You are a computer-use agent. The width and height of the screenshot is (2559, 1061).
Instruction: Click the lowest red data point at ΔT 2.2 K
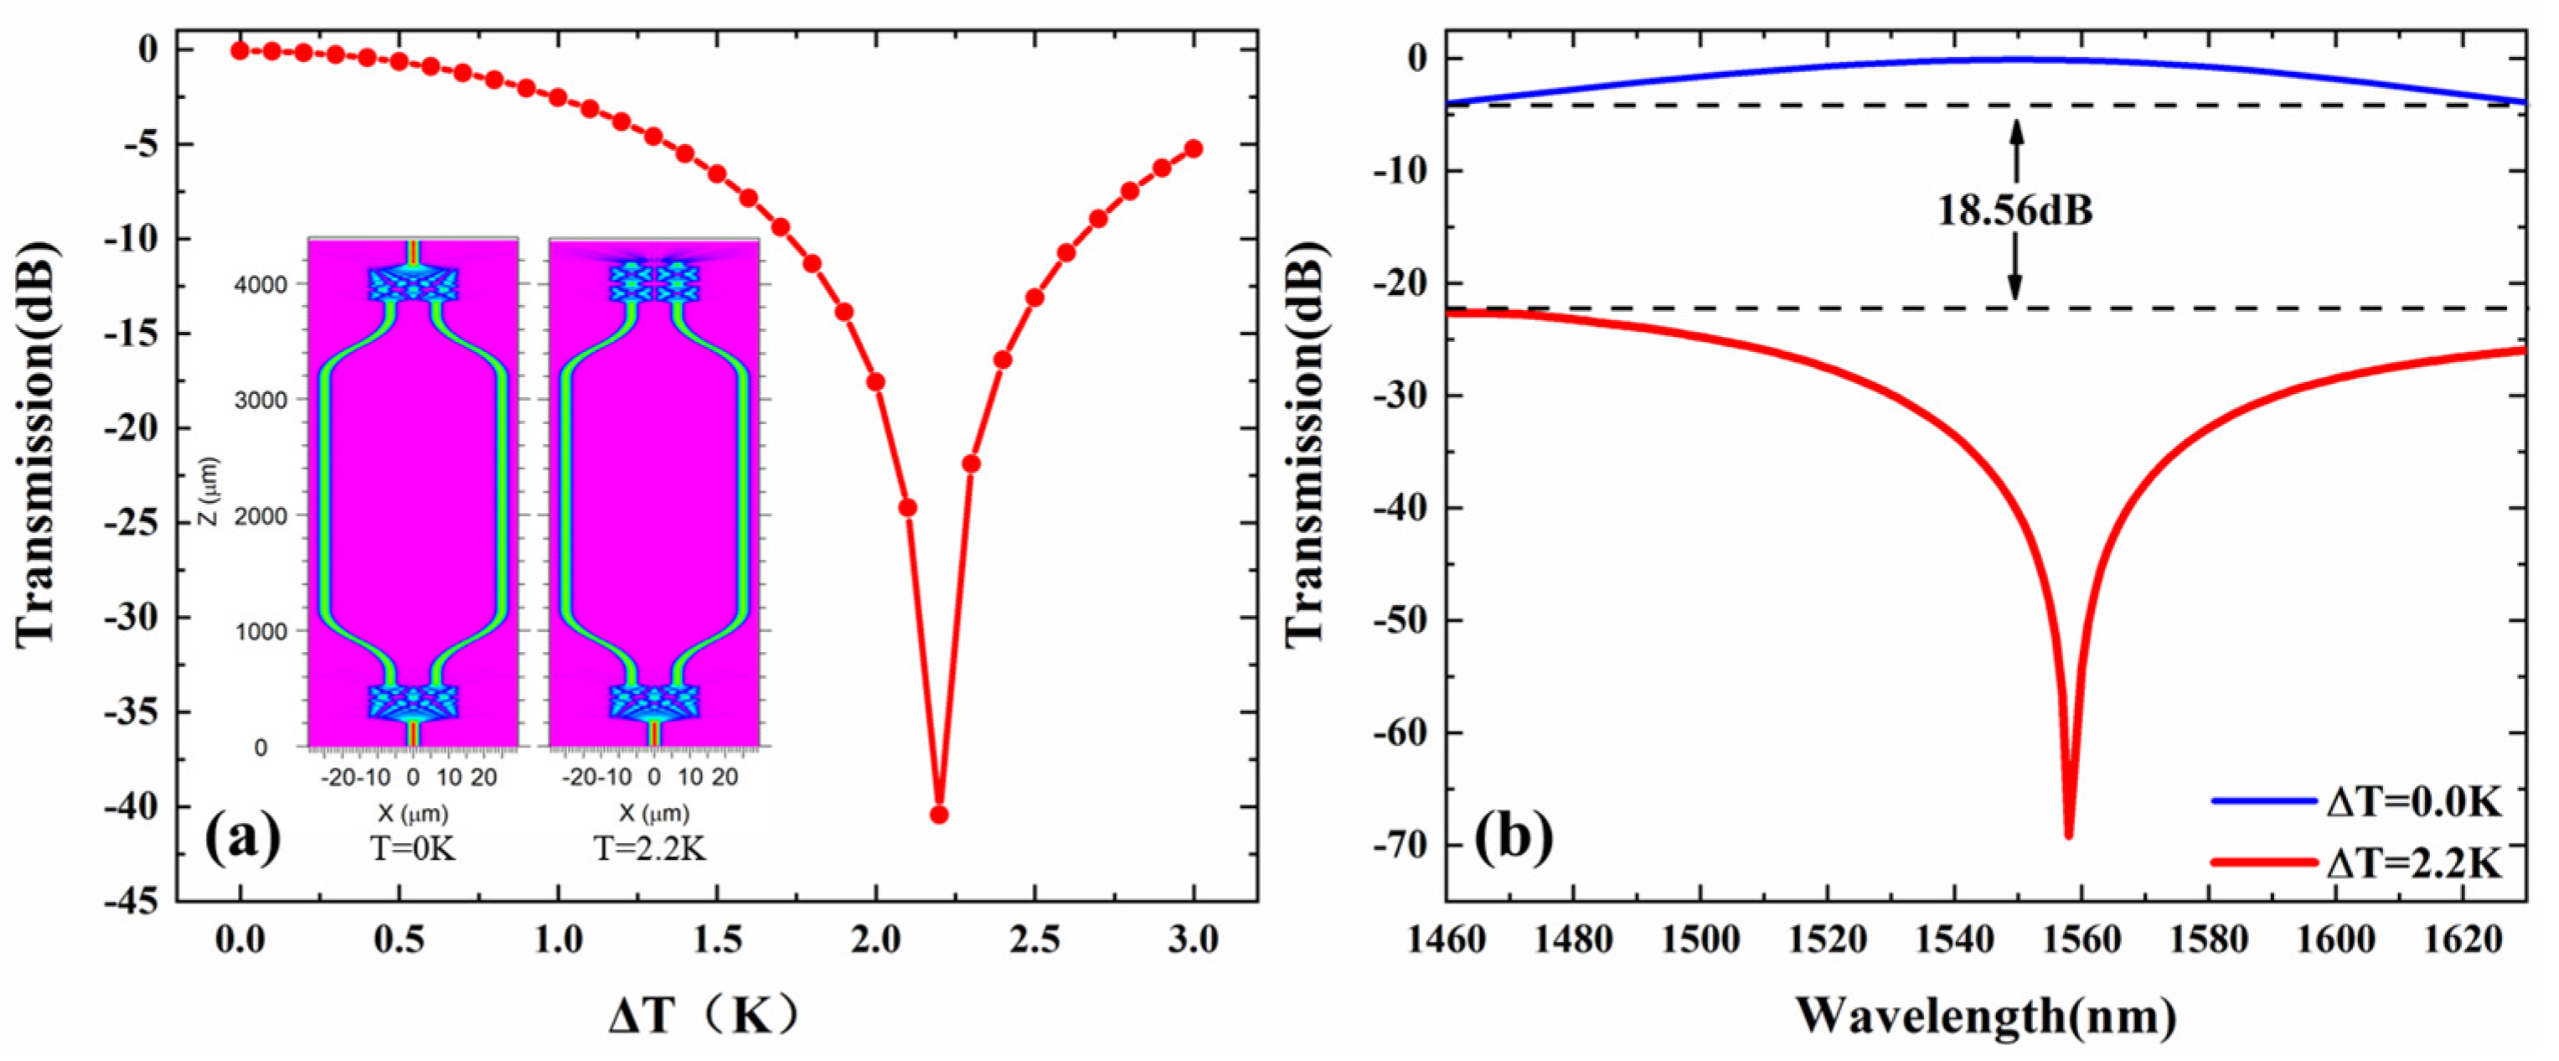pyautogui.click(x=938, y=815)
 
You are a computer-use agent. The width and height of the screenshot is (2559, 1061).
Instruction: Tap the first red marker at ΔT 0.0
pyautogui.click(x=240, y=49)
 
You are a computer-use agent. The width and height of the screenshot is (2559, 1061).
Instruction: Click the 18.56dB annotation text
pyautogui.click(x=2015, y=210)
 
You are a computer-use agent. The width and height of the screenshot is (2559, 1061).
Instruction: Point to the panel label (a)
pyautogui.click(x=242, y=840)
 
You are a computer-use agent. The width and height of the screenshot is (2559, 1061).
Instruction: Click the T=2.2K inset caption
pyautogui.click(x=651, y=850)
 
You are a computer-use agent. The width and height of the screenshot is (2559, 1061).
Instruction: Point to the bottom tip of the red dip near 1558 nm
pyautogui.click(x=2069, y=836)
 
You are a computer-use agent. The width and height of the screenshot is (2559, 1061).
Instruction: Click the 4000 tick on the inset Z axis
pyautogui.click(x=261, y=285)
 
